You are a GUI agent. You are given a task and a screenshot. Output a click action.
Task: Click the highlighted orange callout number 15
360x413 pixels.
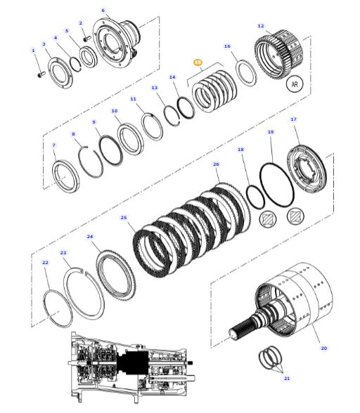(x=198, y=63)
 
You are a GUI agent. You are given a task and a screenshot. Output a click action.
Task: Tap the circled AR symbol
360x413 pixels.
(x=295, y=84)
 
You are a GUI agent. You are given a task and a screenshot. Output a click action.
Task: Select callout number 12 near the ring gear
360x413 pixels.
(x=261, y=26)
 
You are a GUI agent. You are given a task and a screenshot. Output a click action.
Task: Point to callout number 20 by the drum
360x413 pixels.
(x=324, y=348)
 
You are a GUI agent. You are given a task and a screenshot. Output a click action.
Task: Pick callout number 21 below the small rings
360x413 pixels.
(x=286, y=379)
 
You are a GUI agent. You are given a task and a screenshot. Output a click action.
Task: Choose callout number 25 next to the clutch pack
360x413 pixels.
(x=124, y=218)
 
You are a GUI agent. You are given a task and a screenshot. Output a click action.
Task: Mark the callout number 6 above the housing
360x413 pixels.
(x=103, y=11)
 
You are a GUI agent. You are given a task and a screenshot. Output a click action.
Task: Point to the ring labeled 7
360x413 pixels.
(x=65, y=176)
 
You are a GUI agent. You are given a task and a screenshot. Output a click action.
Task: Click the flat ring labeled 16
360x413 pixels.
(x=245, y=72)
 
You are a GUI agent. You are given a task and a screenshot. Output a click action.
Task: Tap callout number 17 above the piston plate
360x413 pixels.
(x=293, y=119)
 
